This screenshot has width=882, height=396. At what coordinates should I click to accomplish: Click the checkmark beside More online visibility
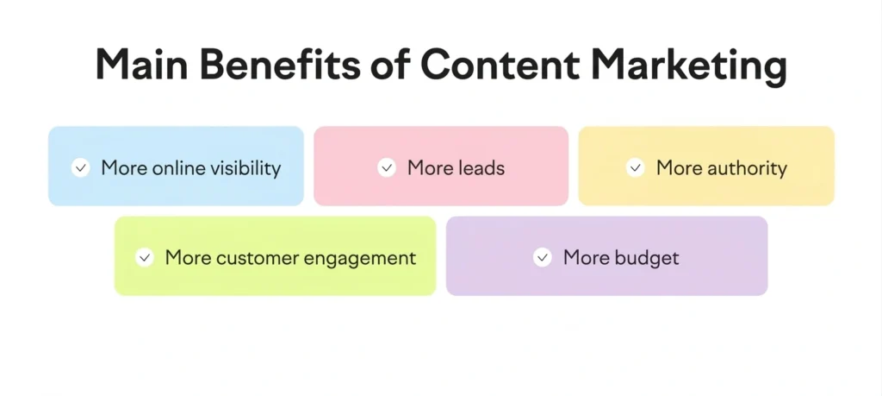tap(81, 167)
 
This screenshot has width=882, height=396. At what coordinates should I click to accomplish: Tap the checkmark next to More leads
tap(387, 167)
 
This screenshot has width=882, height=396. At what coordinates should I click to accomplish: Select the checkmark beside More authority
tap(636, 167)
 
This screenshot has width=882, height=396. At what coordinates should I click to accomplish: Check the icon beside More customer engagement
tap(145, 257)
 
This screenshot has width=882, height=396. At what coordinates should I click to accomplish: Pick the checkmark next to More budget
tap(543, 257)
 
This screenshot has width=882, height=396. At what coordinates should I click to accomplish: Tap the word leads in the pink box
tap(481, 167)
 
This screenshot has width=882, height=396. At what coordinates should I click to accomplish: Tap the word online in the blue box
tap(176, 167)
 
